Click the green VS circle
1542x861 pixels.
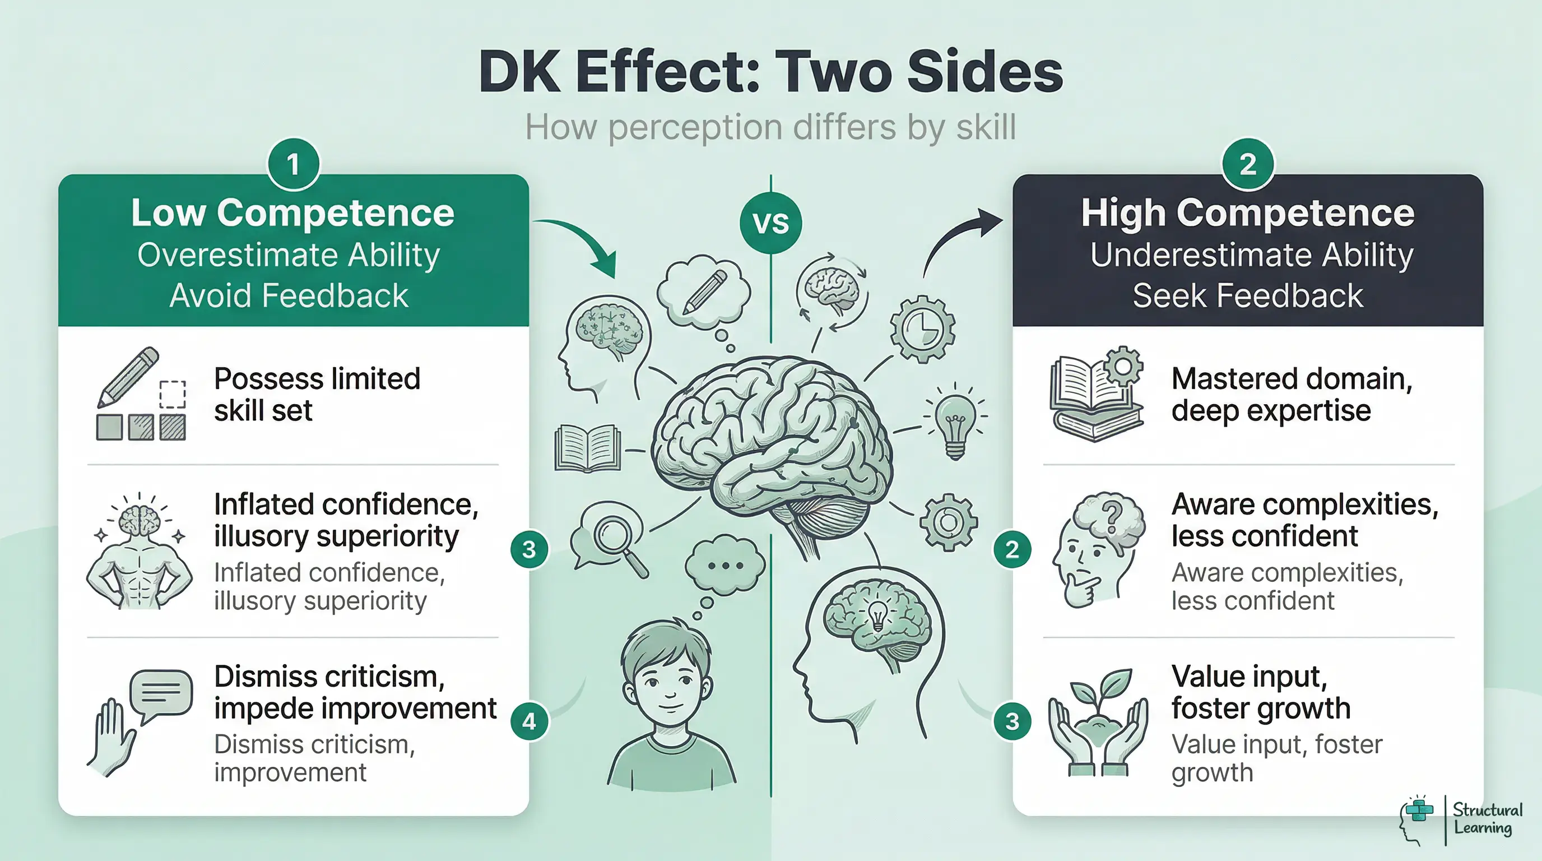tap(770, 223)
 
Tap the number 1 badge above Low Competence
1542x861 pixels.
tap(292, 165)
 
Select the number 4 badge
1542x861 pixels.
tap(529, 721)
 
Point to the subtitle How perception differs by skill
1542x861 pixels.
tap(770, 128)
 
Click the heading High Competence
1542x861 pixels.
tap(1247, 213)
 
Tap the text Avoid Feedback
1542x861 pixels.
tap(289, 296)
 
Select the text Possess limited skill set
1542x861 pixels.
tap(317, 394)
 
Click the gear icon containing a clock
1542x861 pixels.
tap(922, 328)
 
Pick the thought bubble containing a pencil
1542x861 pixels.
tap(704, 291)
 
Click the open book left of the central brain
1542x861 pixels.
tap(587, 447)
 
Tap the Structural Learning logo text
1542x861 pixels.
tap(1487, 818)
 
